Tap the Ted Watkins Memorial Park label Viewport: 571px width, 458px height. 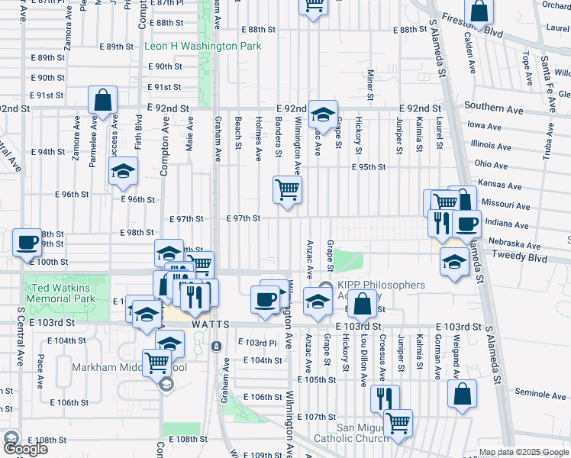60,294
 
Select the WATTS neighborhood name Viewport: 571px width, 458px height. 211,324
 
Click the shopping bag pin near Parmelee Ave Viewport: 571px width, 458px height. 102,99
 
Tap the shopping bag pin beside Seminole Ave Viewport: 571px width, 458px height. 462,394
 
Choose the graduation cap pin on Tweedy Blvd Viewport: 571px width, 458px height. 454,262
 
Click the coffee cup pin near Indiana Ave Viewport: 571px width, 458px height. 466,224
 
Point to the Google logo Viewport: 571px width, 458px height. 25,449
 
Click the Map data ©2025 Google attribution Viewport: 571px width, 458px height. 524,452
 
